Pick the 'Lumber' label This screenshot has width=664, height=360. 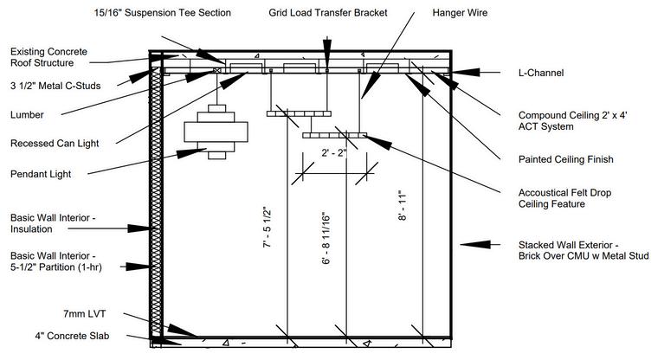[x=28, y=114]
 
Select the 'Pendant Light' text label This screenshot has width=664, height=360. [x=41, y=174]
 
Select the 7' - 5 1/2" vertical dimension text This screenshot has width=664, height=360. [x=268, y=229]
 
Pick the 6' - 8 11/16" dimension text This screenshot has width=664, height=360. [x=326, y=238]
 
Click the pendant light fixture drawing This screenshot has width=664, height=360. [x=210, y=130]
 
